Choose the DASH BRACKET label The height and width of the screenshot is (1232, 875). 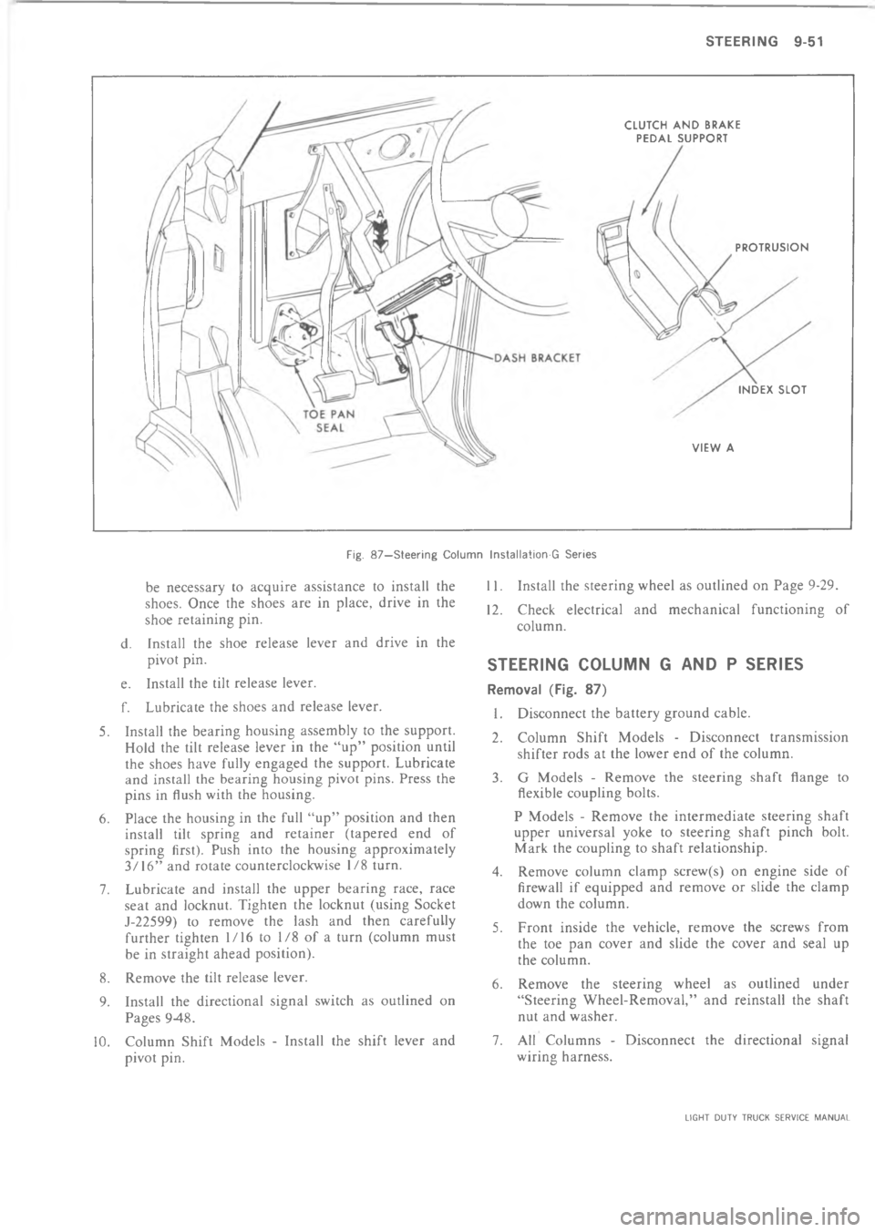(x=530, y=357)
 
